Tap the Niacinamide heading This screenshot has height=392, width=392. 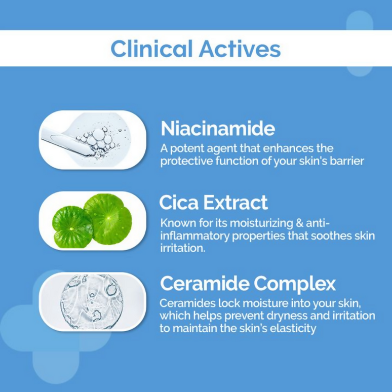point(218,128)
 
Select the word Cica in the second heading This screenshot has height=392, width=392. point(179,203)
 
